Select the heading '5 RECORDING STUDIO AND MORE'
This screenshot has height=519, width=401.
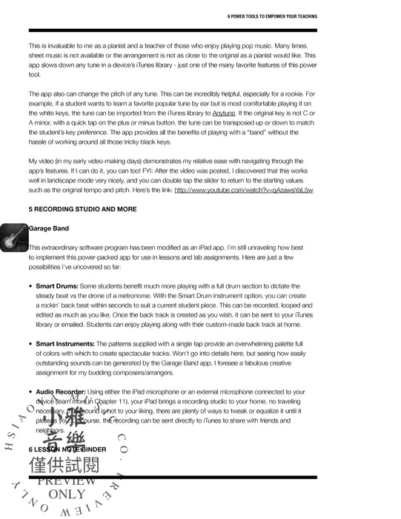82,209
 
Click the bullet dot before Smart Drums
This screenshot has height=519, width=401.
30,285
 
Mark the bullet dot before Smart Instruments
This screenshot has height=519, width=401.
30,344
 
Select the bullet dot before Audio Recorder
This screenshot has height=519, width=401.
30,391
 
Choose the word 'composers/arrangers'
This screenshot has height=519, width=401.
142,373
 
